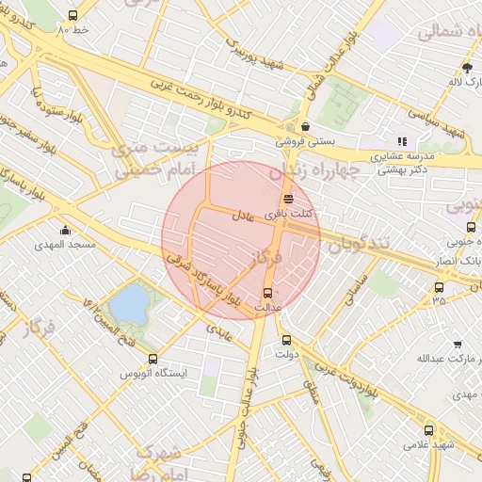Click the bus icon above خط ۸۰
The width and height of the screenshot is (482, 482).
[73, 16]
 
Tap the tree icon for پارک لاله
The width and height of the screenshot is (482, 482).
[467, 67]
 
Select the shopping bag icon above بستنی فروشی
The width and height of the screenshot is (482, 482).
[305, 126]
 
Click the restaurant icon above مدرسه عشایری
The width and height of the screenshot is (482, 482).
[402, 141]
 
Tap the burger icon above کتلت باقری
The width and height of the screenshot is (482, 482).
[287, 199]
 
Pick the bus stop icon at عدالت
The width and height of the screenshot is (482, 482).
[268, 292]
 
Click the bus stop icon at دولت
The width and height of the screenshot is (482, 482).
[286, 340]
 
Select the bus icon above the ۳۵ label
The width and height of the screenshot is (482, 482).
[439, 287]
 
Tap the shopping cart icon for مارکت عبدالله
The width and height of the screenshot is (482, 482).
[458, 345]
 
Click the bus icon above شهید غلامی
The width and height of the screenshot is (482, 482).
[429, 429]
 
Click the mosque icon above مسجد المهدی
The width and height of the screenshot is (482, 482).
[65, 231]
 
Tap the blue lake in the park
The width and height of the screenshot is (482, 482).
[129, 304]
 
